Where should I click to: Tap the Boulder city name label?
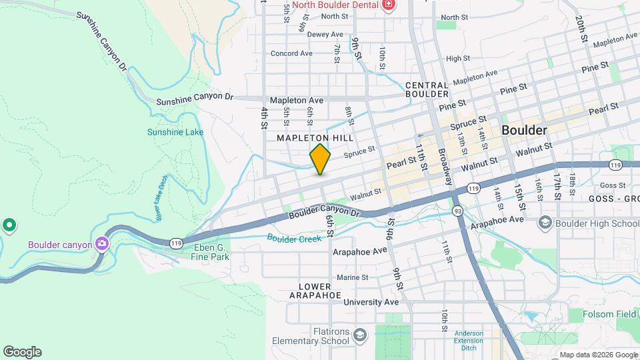(524, 130)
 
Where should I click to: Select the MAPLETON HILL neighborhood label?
(315, 137)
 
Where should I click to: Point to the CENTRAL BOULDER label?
(426, 89)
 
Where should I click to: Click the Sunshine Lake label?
(175, 132)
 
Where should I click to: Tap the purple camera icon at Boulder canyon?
(101, 244)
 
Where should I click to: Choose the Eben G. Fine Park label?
(211, 251)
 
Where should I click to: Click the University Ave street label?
(371, 302)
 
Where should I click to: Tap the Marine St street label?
(353, 277)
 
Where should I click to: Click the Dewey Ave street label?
(325, 35)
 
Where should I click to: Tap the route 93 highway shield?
(458, 211)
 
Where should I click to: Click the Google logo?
(22, 352)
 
